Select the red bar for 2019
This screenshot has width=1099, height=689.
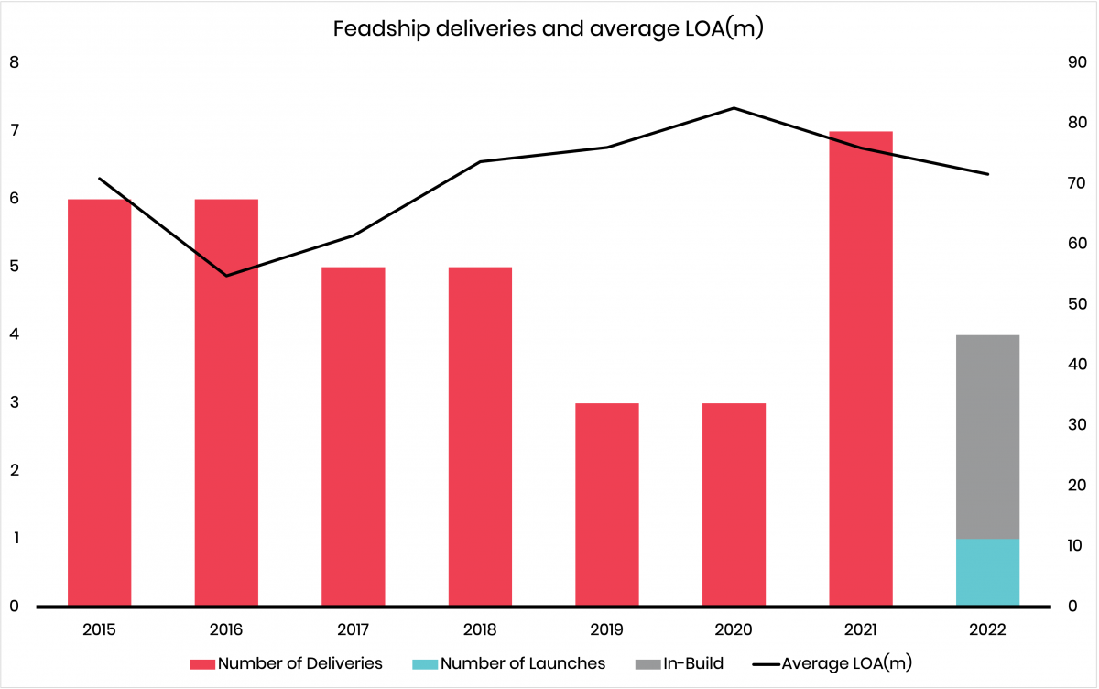click(607, 504)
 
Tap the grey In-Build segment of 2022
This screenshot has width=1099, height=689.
click(988, 436)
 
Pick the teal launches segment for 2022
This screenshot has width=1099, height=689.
click(988, 572)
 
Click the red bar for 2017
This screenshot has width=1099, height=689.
click(354, 436)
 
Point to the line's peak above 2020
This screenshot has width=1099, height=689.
click(734, 108)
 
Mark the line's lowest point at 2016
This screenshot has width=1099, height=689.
click(226, 275)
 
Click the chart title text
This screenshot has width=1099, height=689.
click(549, 28)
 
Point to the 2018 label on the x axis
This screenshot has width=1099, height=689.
click(480, 630)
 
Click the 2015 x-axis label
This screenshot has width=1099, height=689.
click(100, 630)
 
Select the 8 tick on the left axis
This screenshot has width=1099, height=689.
click(14, 63)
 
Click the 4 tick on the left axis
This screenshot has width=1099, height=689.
click(14, 334)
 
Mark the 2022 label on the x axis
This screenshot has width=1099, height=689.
click(988, 630)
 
